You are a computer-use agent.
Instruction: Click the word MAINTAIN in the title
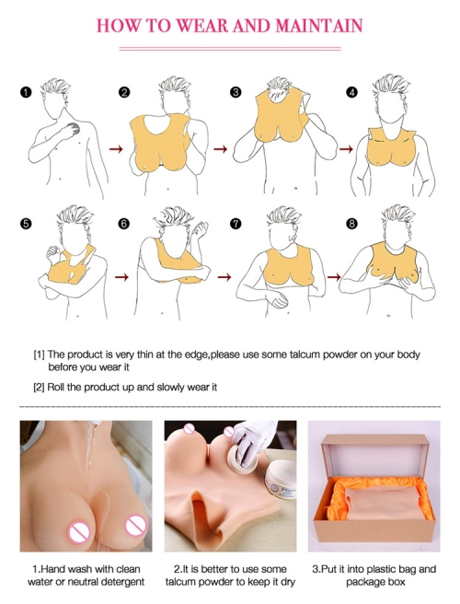pyautogui.click(x=319, y=26)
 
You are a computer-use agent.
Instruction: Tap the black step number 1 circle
pyautogui.click(x=26, y=92)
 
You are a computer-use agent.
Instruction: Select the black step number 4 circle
pyautogui.click(x=351, y=92)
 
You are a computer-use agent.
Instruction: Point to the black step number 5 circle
pyautogui.click(x=26, y=224)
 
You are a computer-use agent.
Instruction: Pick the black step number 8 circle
pyautogui.click(x=351, y=224)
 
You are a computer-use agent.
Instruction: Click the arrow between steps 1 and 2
pyautogui.click(x=116, y=148)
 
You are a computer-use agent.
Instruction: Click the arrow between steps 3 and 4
pyautogui.click(x=346, y=148)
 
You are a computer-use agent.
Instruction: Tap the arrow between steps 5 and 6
pyautogui.click(x=121, y=277)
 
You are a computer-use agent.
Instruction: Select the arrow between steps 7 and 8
pyautogui.click(x=334, y=276)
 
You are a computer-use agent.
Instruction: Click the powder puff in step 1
pyautogui.click(x=73, y=129)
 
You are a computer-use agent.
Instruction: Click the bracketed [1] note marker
pyautogui.click(x=40, y=354)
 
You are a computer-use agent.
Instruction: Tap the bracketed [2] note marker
pyautogui.click(x=40, y=387)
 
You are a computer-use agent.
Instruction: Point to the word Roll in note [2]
pyautogui.click(x=56, y=387)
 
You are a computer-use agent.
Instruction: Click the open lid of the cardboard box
pyautogui.click(x=375, y=455)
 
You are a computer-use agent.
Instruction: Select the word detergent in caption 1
pyautogui.click(x=122, y=582)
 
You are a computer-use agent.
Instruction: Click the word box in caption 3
pyautogui.click(x=397, y=581)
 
